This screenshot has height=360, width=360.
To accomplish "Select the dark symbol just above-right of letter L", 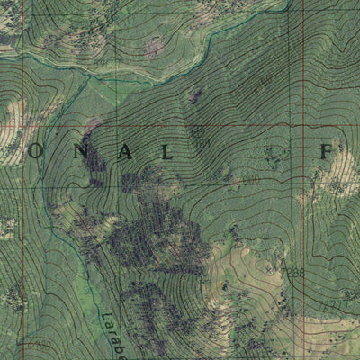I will click(199, 136).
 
